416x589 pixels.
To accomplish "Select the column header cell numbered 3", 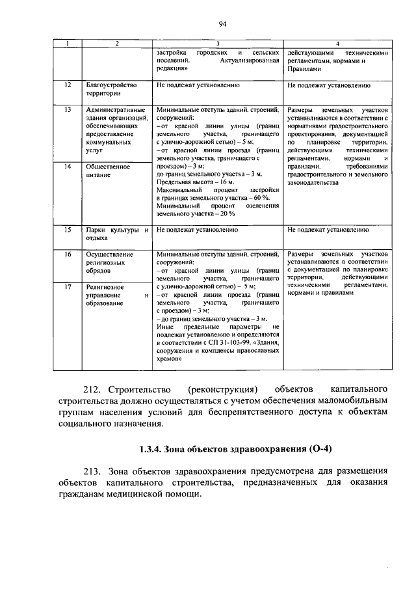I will (x=218, y=43).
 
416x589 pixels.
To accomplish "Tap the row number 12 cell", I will (x=68, y=85).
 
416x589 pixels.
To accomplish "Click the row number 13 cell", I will (x=68, y=110).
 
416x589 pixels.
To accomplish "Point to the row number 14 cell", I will (x=68, y=167).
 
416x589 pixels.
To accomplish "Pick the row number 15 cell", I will (x=68, y=230).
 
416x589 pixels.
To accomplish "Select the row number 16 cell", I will (x=68, y=254).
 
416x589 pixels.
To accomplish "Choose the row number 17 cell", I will (x=68, y=286).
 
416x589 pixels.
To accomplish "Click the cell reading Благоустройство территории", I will (x=112, y=89).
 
